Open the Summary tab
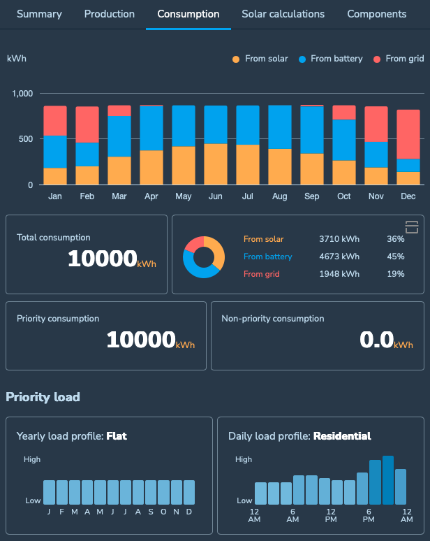pyautogui.click(x=39, y=14)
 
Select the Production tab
pyautogui.click(x=110, y=14)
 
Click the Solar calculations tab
pyautogui.click(x=283, y=14)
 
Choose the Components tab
pyautogui.click(x=376, y=14)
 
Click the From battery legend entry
pyautogui.click(x=336, y=59)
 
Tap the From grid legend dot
pyautogui.click(x=378, y=59)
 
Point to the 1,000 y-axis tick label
pyautogui.click(x=23, y=93)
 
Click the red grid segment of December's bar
pyautogui.click(x=408, y=134)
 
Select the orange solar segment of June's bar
pyautogui.click(x=216, y=164)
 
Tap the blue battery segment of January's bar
pyautogui.click(x=55, y=151)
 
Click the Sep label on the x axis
pyautogui.click(x=312, y=196)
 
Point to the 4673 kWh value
pyautogui.click(x=339, y=257)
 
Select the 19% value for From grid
pyautogui.click(x=396, y=274)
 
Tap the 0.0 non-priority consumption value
pyautogui.click(x=376, y=340)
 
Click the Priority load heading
pyautogui.click(x=43, y=397)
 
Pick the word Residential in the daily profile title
pyautogui.click(x=342, y=436)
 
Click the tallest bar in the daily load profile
pyautogui.click(x=388, y=480)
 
